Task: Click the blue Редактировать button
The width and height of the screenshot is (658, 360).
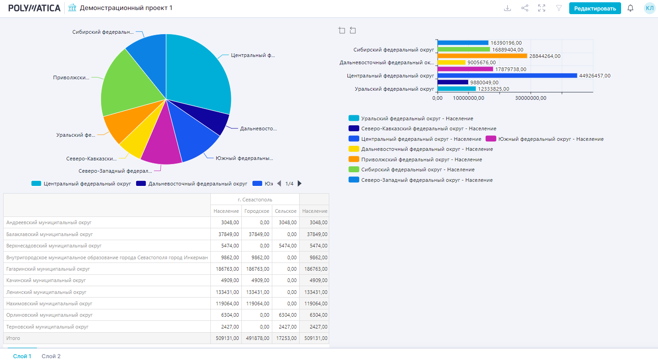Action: (x=595, y=8)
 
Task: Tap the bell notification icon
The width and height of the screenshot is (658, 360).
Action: (x=630, y=8)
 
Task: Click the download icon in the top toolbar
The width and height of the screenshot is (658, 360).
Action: (x=507, y=8)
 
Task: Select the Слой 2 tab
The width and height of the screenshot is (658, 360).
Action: (x=51, y=356)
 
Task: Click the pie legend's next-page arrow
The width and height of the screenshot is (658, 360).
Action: (x=300, y=184)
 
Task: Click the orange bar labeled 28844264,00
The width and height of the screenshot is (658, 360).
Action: (x=482, y=56)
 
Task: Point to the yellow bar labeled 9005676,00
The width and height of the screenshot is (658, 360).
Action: (x=451, y=62)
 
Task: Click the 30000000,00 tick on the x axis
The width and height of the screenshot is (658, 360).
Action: (x=530, y=98)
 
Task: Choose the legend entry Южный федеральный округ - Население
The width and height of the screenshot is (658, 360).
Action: (x=551, y=139)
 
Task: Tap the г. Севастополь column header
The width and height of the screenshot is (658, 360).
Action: (x=255, y=200)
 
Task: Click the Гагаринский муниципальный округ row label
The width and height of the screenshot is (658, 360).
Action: (x=48, y=269)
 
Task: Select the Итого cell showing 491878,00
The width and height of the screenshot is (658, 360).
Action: (x=257, y=339)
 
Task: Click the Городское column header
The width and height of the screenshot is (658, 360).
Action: (x=257, y=211)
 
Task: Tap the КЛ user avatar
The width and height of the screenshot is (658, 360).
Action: (x=649, y=8)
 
